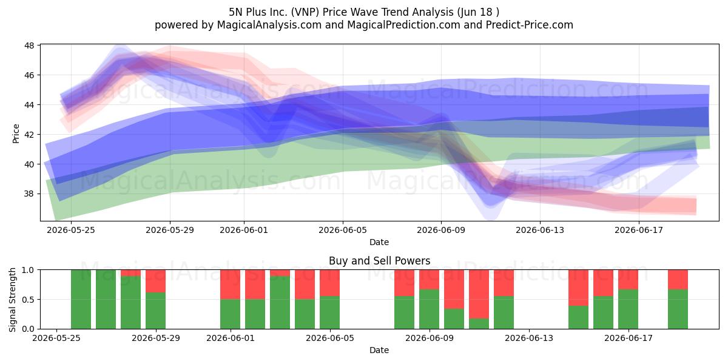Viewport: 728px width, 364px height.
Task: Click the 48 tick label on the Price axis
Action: [29, 45]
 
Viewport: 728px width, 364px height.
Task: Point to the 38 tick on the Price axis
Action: [29, 194]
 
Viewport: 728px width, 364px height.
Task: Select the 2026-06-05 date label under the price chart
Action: [343, 230]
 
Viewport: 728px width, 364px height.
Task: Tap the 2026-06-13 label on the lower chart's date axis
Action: [529, 338]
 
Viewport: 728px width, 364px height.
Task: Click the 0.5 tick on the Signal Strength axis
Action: [28, 299]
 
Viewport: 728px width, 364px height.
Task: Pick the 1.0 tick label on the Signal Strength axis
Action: [28, 270]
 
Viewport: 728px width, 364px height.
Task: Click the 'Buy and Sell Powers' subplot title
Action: [379, 261]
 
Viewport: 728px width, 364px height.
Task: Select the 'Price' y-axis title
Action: [16, 133]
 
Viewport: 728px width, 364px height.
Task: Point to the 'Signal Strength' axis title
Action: [12, 300]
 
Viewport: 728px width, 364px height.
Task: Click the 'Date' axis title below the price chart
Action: [379, 242]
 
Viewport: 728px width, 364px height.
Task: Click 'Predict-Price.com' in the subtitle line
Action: [530, 25]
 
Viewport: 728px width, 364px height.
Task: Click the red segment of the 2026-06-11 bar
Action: [479, 294]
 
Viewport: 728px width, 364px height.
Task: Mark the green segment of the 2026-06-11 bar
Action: [479, 324]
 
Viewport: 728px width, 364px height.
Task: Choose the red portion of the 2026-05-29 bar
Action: [155, 281]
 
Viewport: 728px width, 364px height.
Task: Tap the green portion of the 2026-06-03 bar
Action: [280, 303]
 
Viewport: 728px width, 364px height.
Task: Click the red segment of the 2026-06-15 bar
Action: [578, 288]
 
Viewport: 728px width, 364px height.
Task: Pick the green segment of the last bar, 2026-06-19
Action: [678, 309]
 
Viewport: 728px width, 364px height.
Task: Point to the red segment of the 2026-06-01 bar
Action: [230, 285]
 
